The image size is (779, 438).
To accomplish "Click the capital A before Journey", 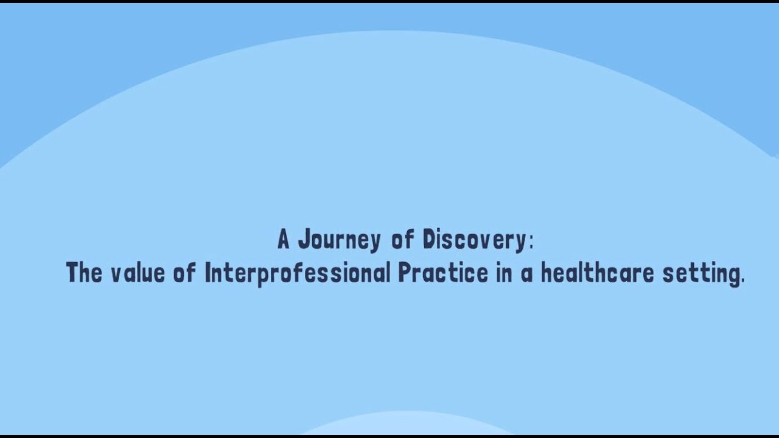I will (x=284, y=240).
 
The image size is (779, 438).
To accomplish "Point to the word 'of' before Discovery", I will (x=402, y=240).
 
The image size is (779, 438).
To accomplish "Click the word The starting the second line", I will (x=84, y=273).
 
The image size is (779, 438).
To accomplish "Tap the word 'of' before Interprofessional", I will (x=184, y=273).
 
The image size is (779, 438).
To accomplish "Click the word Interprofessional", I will (x=297, y=274).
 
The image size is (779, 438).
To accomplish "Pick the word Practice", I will (x=443, y=274).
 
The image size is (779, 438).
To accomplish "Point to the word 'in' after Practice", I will (x=503, y=273).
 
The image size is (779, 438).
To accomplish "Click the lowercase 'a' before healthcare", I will (x=526, y=275).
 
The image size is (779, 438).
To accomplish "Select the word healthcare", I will (x=597, y=273).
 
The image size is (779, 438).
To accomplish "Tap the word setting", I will (x=700, y=274).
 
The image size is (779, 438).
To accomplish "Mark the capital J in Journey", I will (x=302, y=240).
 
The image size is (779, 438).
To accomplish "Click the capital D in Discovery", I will (x=428, y=240).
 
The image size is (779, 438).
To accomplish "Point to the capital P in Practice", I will (x=404, y=273).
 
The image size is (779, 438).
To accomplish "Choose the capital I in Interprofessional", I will (x=208, y=273).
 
